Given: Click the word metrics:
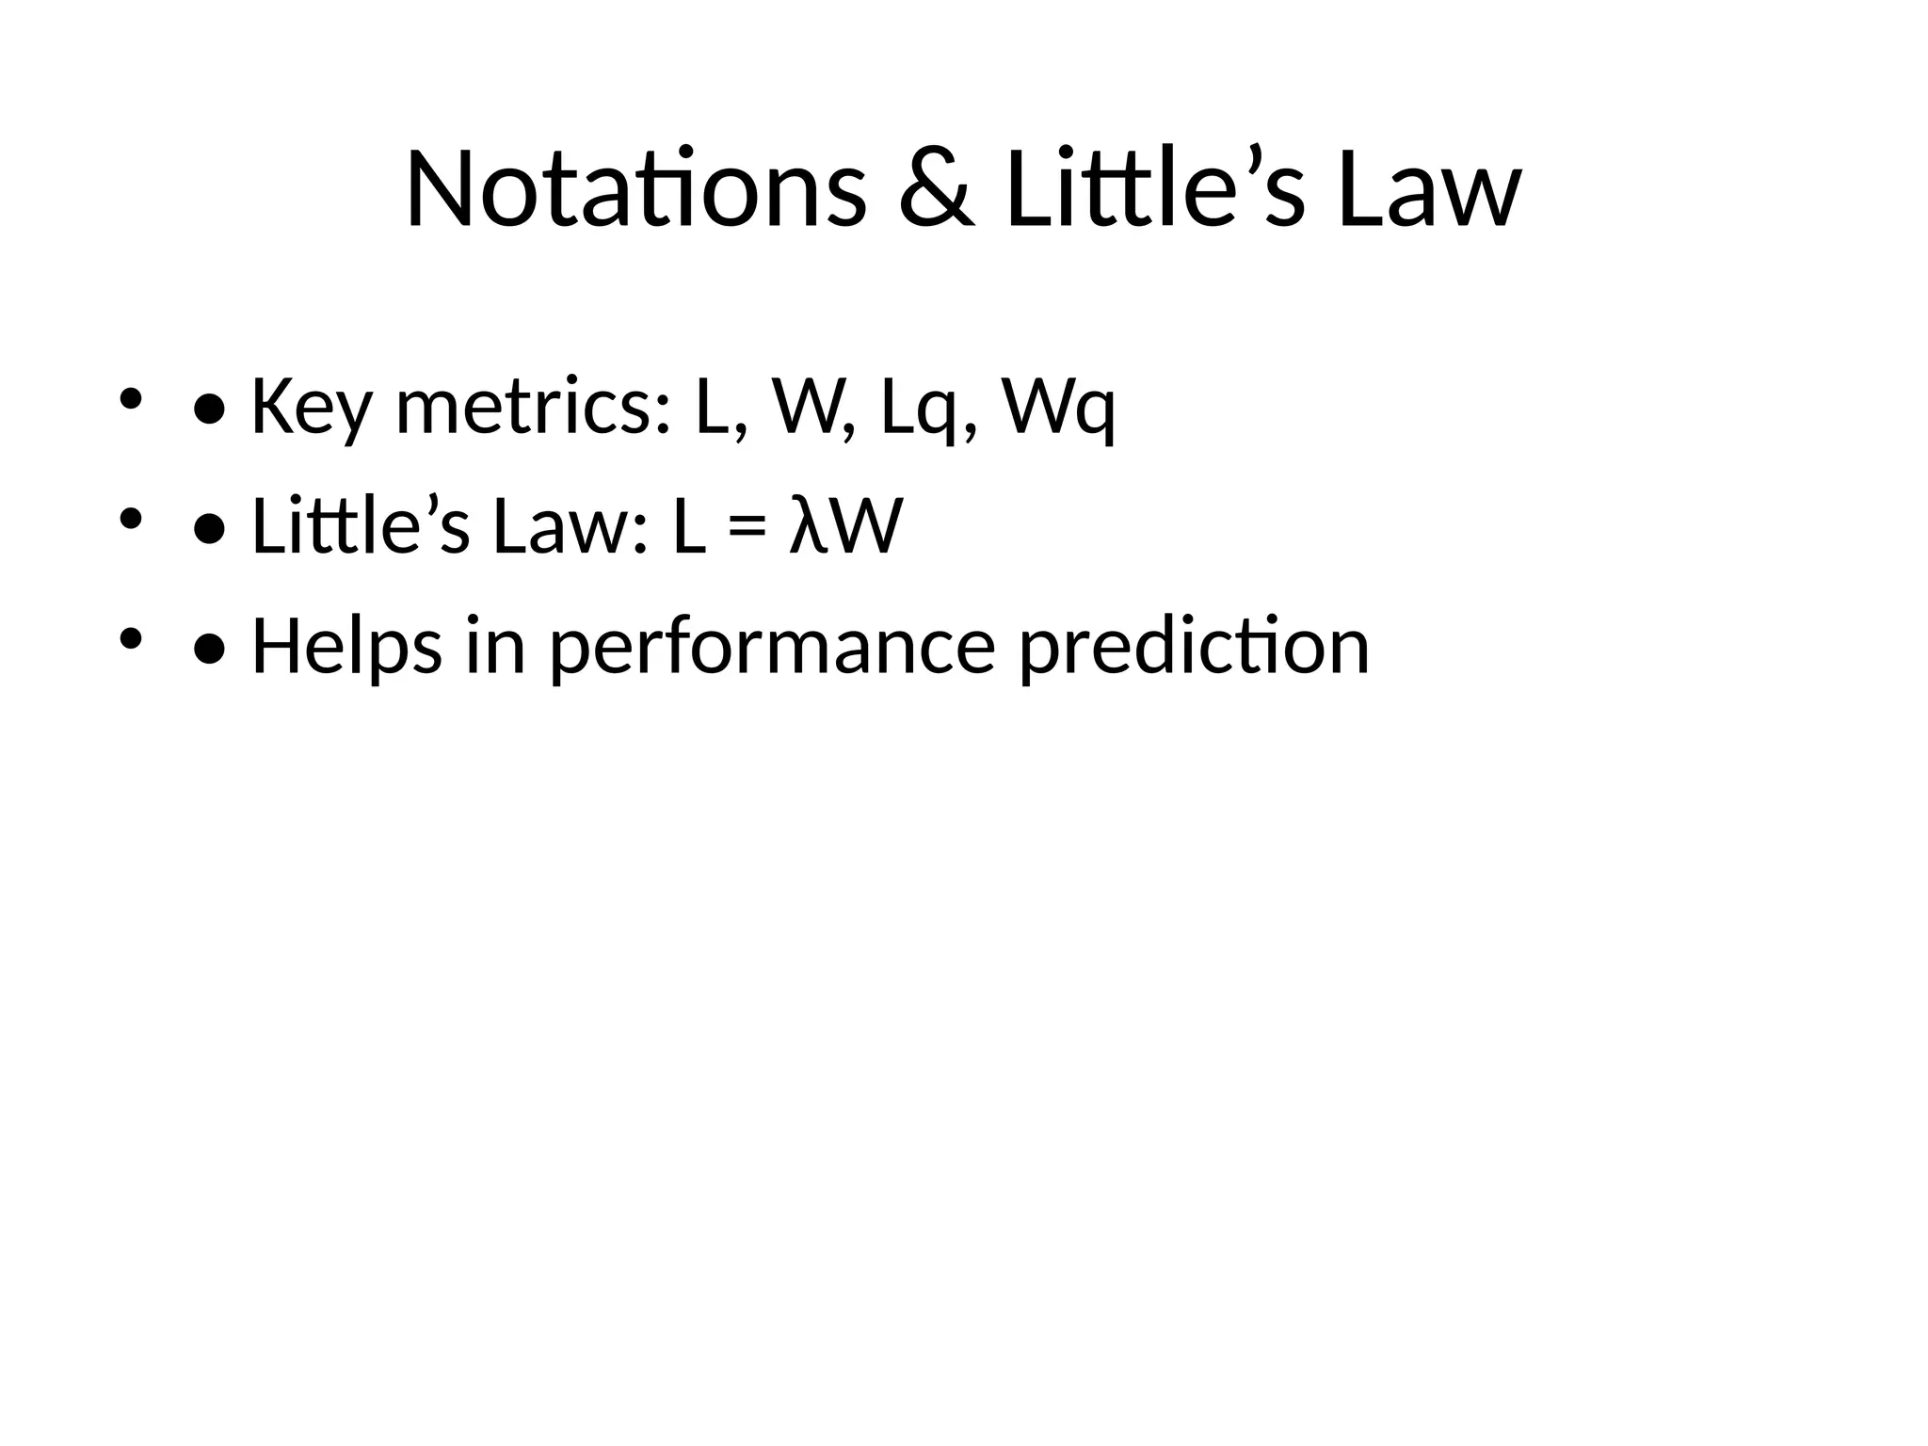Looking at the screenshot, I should point(534,407).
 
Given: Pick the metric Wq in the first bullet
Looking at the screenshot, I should point(1058,407).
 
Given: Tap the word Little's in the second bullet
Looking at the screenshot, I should point(360,526).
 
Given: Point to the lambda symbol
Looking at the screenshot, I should point(806,526).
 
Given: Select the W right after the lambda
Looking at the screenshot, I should point(865,526).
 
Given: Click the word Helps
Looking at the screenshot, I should point(346,646).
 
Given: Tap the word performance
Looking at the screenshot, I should point(772,646).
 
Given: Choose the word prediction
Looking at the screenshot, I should point(1194,646).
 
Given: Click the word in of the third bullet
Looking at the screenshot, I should point(495,646).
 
